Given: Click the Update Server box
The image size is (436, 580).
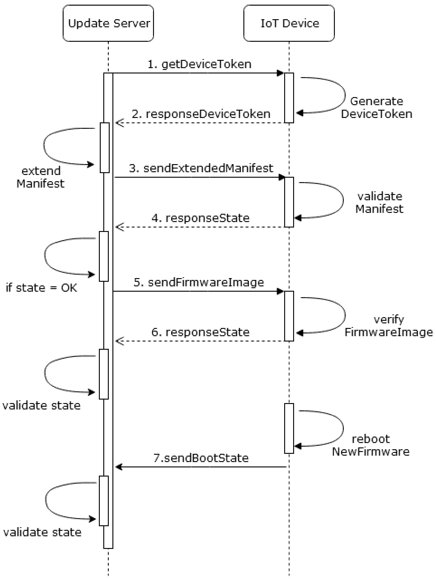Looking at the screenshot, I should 108,23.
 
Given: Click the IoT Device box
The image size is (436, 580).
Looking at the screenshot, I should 289,23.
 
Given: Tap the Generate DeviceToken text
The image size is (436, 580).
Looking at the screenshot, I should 376,107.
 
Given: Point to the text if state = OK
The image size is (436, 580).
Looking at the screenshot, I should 41,288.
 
